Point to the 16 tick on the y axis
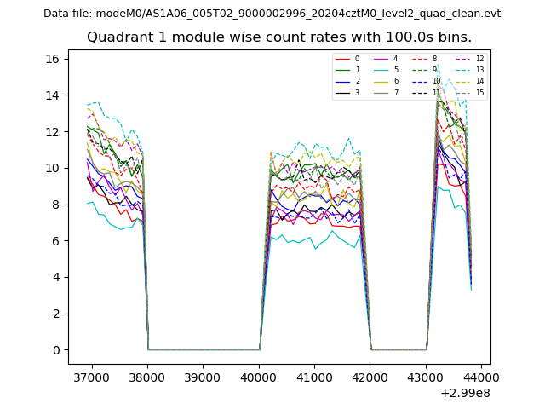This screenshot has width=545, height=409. pyautogui.click(x=52, y=59)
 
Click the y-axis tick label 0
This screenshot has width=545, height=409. pyautogui.click(x=55, y=350)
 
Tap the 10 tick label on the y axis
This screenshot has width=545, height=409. pyautogui.click(x=52, y=168)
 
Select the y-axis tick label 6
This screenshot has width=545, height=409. pyautogui.click(x=55, y=241)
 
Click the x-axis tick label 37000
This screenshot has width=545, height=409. pyautogui.click(x=91, y=376)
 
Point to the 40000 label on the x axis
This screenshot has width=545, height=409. pyautogui.click(x=259, y=376)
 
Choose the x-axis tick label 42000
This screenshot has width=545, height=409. pyautogui.click(x=370, y=376)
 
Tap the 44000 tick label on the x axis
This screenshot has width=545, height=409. pyautogui.click(x=481, y=376)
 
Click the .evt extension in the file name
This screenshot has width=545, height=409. pyautogui.click(x=490, y=14)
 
